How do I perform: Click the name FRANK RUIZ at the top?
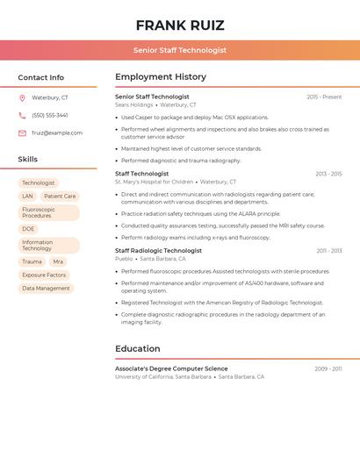coord(180,25)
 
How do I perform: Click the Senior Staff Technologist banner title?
coord(180,50)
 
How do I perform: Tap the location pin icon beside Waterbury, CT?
coord(22,97)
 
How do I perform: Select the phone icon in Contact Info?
coord(22,115)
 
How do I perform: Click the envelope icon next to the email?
coord(22,133)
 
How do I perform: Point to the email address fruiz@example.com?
coord(57,133)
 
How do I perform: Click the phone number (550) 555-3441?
coord(50,115)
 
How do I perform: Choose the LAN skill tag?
coord(27,197)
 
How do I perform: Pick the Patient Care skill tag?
coord(60,197)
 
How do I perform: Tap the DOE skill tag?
coord(29,229)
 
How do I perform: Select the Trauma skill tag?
coord(32,261)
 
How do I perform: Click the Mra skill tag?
coord(58,261)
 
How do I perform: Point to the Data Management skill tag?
coord(46,288)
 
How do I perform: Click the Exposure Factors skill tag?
coord(44,275)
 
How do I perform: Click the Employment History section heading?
coord(161,77)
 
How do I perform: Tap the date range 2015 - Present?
coord(324,97)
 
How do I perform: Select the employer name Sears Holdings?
coord(133,104)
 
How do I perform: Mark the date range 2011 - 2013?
coord(329,251)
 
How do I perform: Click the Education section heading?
coord(138,348)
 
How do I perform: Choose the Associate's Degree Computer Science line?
coord(171,368)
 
